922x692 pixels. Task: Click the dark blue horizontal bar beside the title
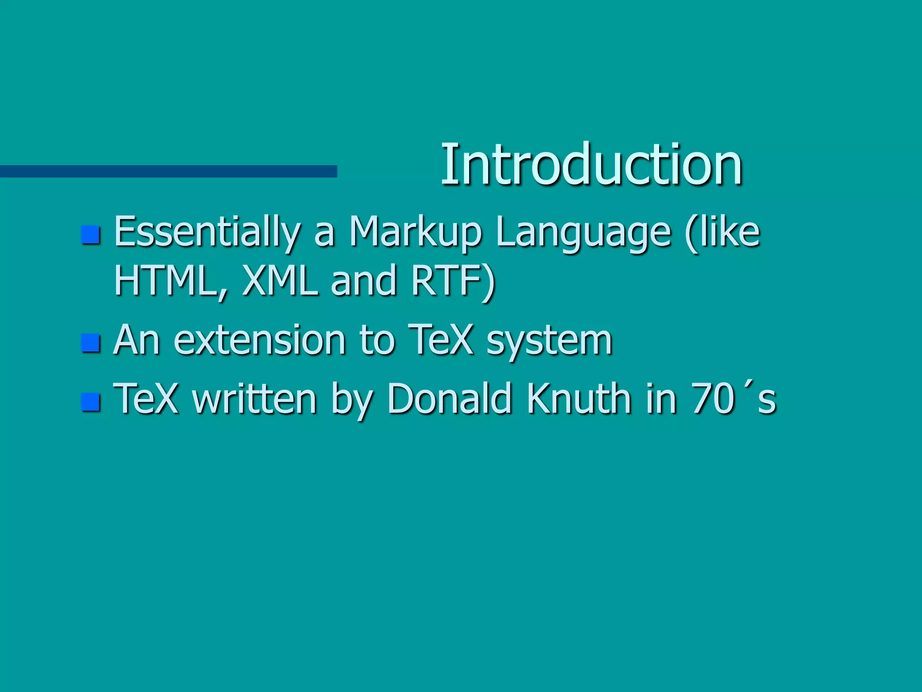click(168, 171)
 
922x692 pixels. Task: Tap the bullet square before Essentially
click(90, 234)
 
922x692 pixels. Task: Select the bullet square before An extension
click(90, 343)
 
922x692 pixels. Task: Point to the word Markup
click(415, 232)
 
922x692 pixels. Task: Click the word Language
click(583, 232)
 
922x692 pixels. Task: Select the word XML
click(280, 281)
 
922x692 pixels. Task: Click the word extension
click(260, 340)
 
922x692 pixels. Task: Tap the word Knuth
click(579, 399)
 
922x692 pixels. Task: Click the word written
click(254, 399)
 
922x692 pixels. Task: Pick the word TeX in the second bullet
click(441, 340)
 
